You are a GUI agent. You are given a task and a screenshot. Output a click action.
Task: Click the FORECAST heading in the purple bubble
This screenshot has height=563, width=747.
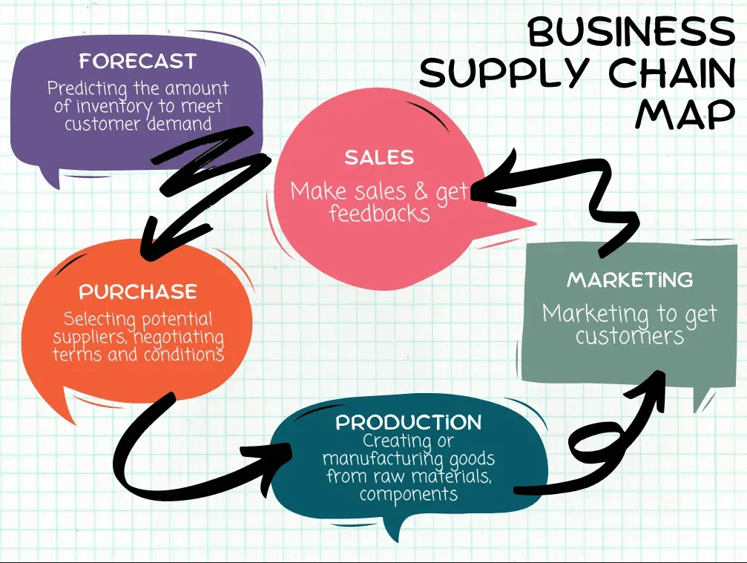(137, 61)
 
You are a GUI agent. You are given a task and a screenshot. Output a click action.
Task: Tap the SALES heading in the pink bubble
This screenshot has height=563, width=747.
(379, 157)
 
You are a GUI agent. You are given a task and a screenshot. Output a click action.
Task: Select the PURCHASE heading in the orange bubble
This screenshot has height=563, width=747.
(138, 291)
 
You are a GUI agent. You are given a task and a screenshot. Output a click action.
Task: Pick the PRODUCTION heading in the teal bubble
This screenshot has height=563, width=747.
(408, 423)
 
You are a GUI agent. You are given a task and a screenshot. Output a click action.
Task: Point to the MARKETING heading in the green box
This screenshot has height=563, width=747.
(630, 280)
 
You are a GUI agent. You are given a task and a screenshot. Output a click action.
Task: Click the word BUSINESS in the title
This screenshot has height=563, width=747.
(630, 31)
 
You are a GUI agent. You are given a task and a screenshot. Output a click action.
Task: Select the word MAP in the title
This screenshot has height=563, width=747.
(685, 113)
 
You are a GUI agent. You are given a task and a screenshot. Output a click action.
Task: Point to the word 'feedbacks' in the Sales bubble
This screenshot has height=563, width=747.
(379, 214)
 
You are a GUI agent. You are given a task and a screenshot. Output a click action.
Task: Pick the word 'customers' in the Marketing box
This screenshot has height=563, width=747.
(629, 336)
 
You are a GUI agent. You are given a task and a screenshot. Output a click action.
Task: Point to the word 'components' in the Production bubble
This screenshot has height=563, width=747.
(408, 493)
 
